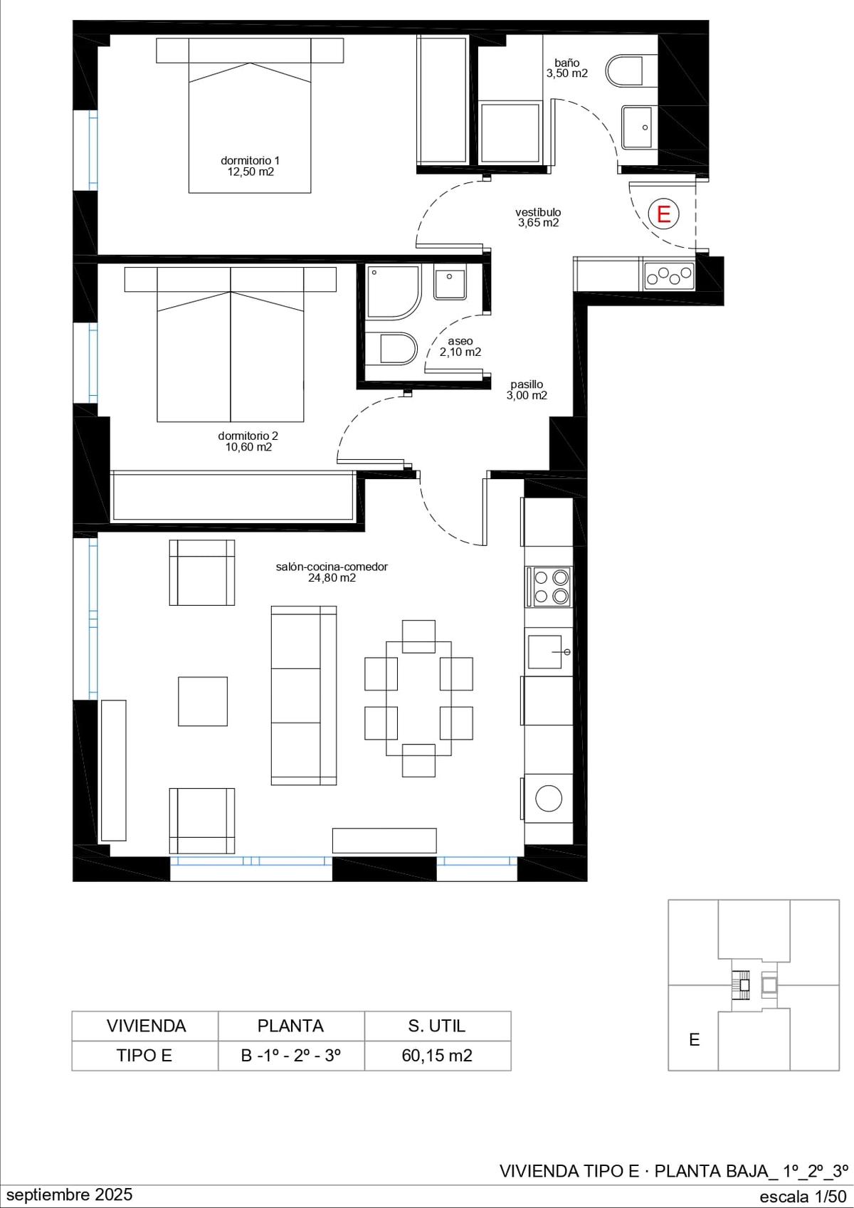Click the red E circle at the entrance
point(663,214)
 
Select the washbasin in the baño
point(639,128)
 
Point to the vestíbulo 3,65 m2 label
point(538,217)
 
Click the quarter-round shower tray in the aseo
point(394,293)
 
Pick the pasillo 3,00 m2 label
point(527,390)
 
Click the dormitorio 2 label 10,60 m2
point(248,441)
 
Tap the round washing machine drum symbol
point(549,798)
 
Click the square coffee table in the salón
point(203,702)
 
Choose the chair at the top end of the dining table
point(419,636)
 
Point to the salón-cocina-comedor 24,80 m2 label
point(332,572)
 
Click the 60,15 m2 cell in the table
point(437,1056)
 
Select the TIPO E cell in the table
point(144,1056)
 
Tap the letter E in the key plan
point(695,1039)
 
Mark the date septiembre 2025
point(70,1194)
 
